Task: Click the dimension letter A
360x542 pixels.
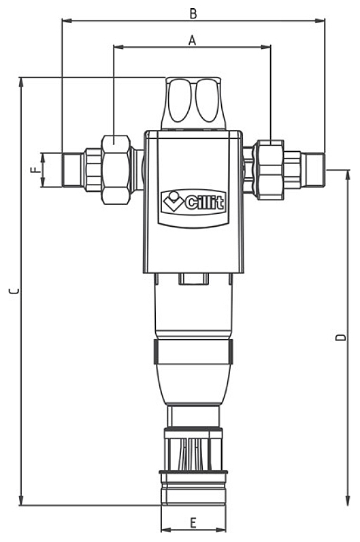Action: point(192,40)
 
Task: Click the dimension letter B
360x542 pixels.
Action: point(193,13)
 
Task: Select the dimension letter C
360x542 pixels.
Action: point(13,291)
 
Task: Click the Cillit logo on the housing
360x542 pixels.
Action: point(193,201)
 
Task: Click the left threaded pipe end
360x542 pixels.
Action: point(71,170)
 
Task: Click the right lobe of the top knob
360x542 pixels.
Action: point(207,100)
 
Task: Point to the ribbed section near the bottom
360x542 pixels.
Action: point(194,453)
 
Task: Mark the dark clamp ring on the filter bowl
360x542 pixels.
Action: point(194,352)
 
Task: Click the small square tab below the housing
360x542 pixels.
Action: point(193,278)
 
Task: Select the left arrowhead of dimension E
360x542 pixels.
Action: point(164,530)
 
